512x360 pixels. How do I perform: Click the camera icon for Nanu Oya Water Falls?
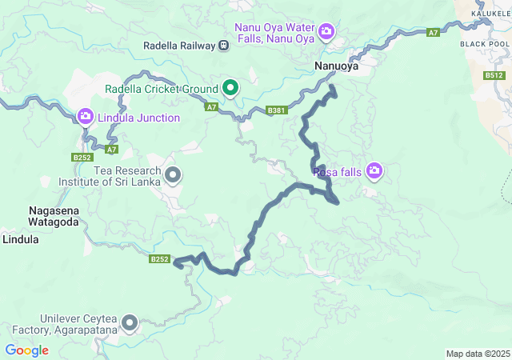(x=326, y=32)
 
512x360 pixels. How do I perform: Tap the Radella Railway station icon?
(x=223, y=46)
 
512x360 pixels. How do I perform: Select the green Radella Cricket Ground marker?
(x=230, y=87)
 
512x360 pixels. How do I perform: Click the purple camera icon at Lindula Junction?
(x=86, y=117)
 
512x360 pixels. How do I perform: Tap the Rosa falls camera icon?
(x=374, y=170)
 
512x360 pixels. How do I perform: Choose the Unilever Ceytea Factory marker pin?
(x=129, y=323)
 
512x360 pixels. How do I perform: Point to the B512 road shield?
(x=494, y=75)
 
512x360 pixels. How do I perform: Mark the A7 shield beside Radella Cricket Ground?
(x=211, y=106)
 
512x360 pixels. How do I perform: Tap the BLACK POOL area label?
(x=485, y=44)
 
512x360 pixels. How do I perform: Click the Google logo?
(x=27, y=350)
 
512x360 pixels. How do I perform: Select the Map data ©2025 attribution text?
(x=477, y=354)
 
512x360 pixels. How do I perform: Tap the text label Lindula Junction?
(x=139, y=118)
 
